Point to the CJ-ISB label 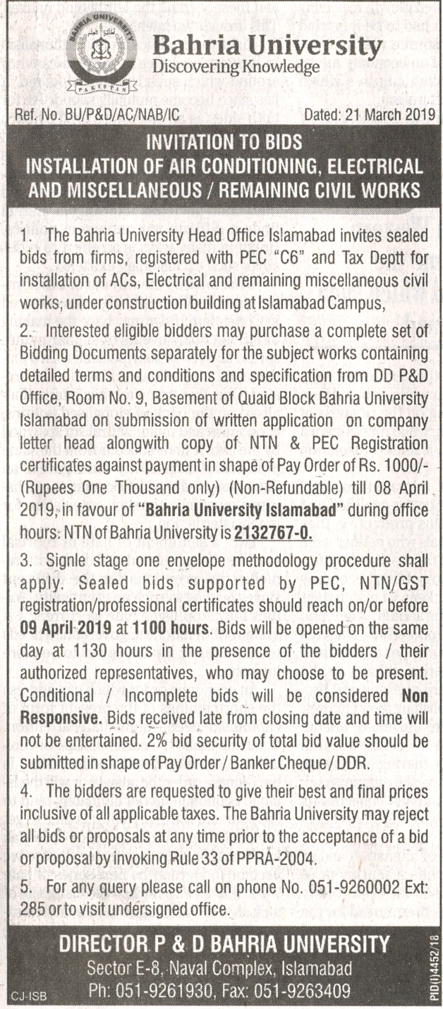click(24, 997)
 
